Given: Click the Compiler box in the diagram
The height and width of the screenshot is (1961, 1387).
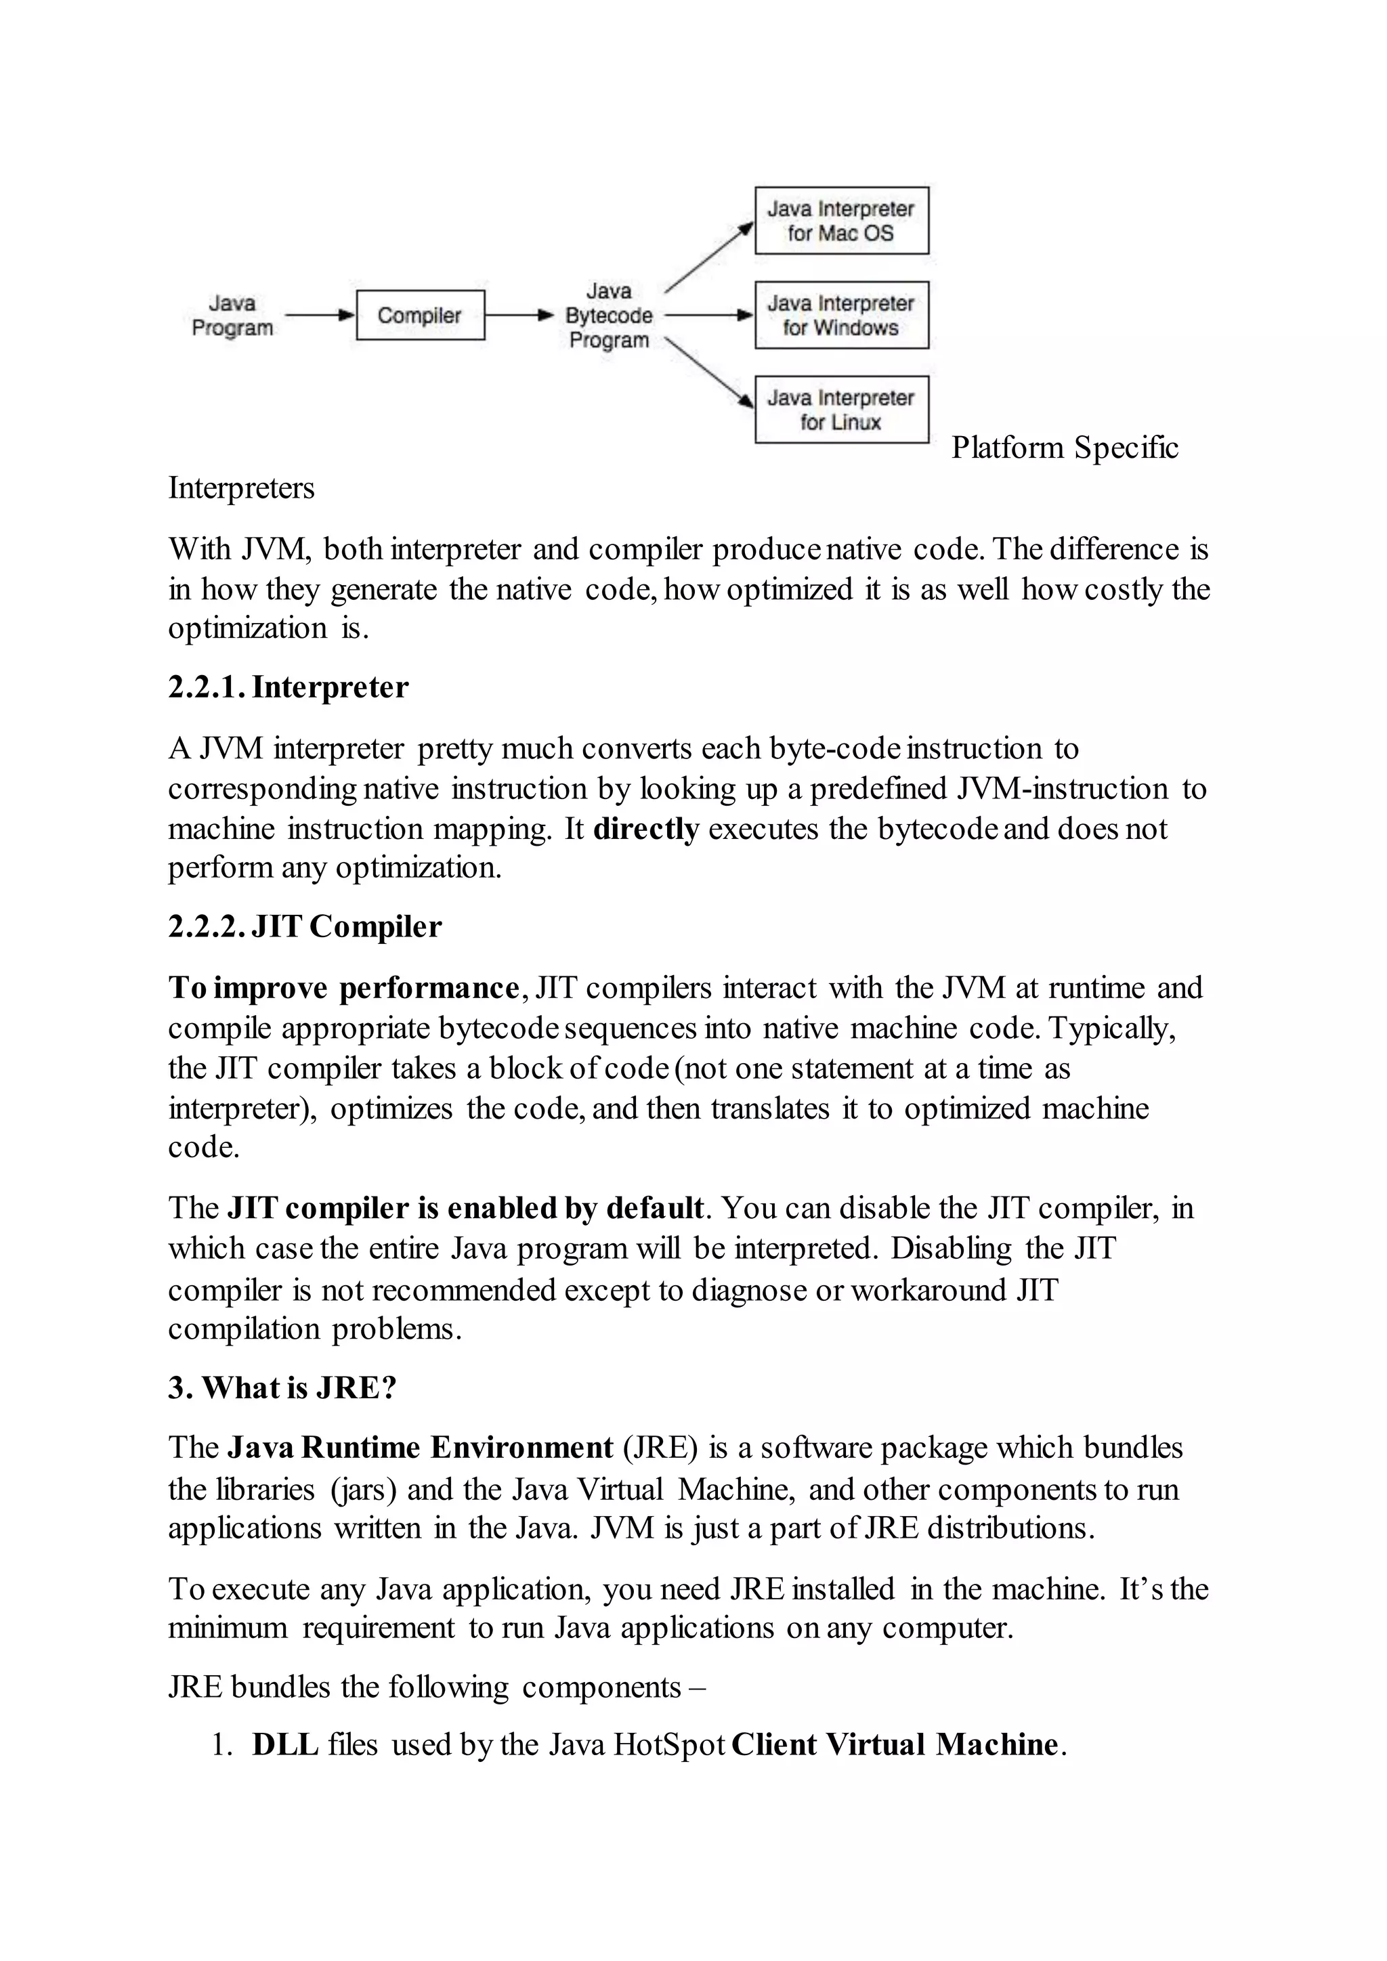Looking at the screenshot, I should pos(419,315).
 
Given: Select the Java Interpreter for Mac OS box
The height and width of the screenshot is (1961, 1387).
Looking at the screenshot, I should pos(841,220).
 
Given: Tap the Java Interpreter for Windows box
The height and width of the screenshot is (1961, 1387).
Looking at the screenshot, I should pos(841,315).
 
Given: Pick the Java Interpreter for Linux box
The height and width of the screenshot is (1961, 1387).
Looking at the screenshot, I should pos(841,409).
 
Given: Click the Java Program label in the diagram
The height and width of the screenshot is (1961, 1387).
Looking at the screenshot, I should pos(232,315).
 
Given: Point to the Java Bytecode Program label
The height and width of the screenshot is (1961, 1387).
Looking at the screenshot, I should pos(609,315).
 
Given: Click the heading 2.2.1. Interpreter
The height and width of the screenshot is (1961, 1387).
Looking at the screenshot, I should pos(288,687).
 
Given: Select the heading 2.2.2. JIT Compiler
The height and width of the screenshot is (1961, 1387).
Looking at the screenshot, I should pos(305,927).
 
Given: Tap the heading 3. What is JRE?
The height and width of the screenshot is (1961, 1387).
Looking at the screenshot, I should pos(282,1388).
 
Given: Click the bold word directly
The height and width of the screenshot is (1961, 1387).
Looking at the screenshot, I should pos(645,828).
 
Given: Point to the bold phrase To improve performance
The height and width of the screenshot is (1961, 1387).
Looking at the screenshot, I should pos(343,988).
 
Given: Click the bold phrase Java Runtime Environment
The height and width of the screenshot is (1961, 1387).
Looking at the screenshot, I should pos(419,1448).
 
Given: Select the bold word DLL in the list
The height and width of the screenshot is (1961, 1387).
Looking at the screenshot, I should pos(285,1744).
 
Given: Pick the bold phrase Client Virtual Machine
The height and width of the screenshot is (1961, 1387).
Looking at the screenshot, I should pos(894,1744).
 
